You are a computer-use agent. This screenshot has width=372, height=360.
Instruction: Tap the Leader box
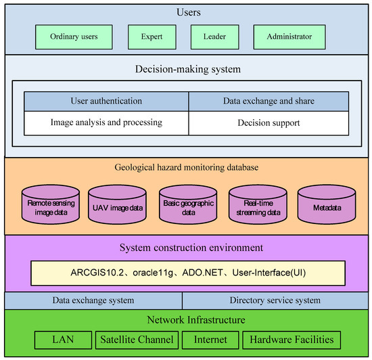(215, 37)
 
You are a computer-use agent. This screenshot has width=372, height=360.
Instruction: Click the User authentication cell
(106, 101)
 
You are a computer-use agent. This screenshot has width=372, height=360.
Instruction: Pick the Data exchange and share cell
(269, 101)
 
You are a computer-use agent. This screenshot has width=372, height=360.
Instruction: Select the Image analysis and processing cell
(106, 122)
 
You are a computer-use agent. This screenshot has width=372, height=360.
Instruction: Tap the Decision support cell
(269, 122)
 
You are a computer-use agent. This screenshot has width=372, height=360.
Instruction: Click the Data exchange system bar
(93, 300)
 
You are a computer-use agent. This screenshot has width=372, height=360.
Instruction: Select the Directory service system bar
(275, 300)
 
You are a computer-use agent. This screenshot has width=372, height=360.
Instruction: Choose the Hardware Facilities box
(292, 339)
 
